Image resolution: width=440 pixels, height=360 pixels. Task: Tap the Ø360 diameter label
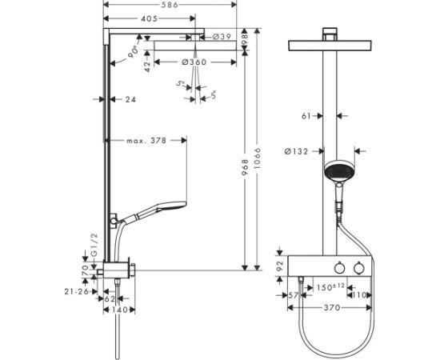click(x=195, y=62)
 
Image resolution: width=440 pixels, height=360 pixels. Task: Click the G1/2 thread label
click(x=94, y=242)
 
